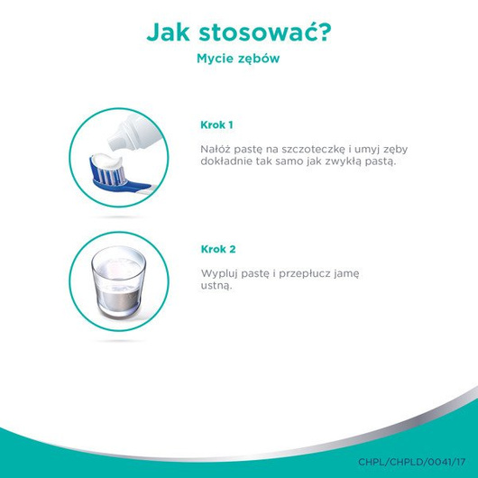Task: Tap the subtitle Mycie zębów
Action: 238,60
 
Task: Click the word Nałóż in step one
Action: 213,148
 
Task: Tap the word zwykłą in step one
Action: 349,162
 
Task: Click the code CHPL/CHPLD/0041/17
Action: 413,462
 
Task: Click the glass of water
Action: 118,280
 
